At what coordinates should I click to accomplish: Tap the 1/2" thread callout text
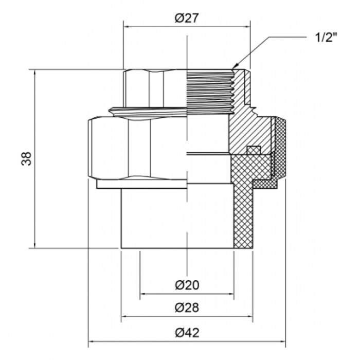pos(327,37)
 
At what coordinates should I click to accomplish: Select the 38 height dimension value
pos(27,158)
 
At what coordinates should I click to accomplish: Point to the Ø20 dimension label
pos(187,285)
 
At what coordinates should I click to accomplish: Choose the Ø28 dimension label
pos(187,308)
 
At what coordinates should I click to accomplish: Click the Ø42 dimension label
pos(187,333)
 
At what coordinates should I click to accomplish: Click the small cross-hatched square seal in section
pos(254,150)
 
